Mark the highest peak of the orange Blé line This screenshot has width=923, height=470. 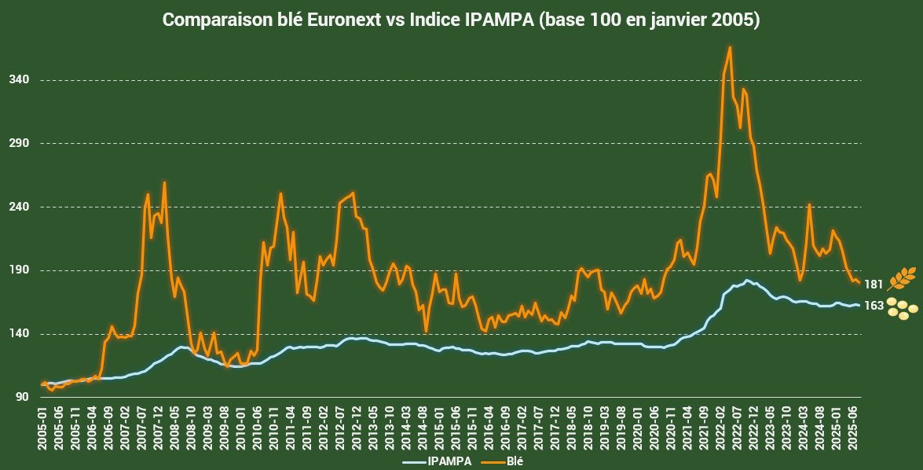(x=730, y=47)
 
